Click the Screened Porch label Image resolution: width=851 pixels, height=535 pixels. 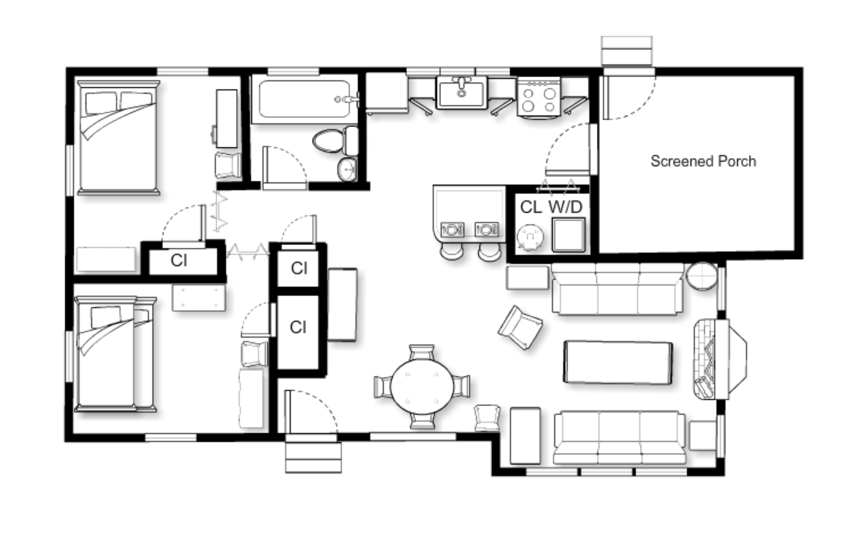click(x=703, y=161)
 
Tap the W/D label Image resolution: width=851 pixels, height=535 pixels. click(x=565, y=207)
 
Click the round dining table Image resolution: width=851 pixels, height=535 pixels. click(x=422, y=386)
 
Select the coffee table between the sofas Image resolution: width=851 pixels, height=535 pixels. click(x=618, y=362)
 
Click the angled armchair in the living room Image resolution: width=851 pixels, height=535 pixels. click(x=520, y=327)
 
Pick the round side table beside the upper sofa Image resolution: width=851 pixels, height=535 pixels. click(x=702, y=276)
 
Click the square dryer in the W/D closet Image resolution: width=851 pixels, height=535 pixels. click(x=568, y=234)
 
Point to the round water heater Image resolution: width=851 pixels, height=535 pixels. click(x=530, y=237)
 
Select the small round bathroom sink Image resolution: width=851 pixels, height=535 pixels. click(x=347, y=169)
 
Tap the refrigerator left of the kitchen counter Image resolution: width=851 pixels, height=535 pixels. click(x=386, y=93)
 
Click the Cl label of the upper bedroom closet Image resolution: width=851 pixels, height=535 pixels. click(x=179, y=261)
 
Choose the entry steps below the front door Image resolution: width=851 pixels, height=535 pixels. click(x=313, y=457)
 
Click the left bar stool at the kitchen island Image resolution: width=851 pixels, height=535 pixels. click(x=452, y=251)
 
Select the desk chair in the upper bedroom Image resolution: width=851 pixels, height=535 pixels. click(x=228, y=165)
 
